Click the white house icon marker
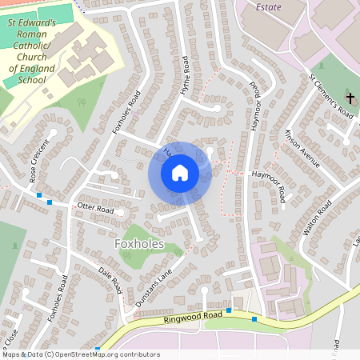(180, 172)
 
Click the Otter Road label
(95, 209)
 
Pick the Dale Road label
(110, 280)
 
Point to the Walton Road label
(318, 221)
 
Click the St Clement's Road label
(331, 96)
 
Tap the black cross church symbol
(349, 98)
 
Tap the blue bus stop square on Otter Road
(50, 202)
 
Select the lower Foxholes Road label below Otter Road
(58, 299)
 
